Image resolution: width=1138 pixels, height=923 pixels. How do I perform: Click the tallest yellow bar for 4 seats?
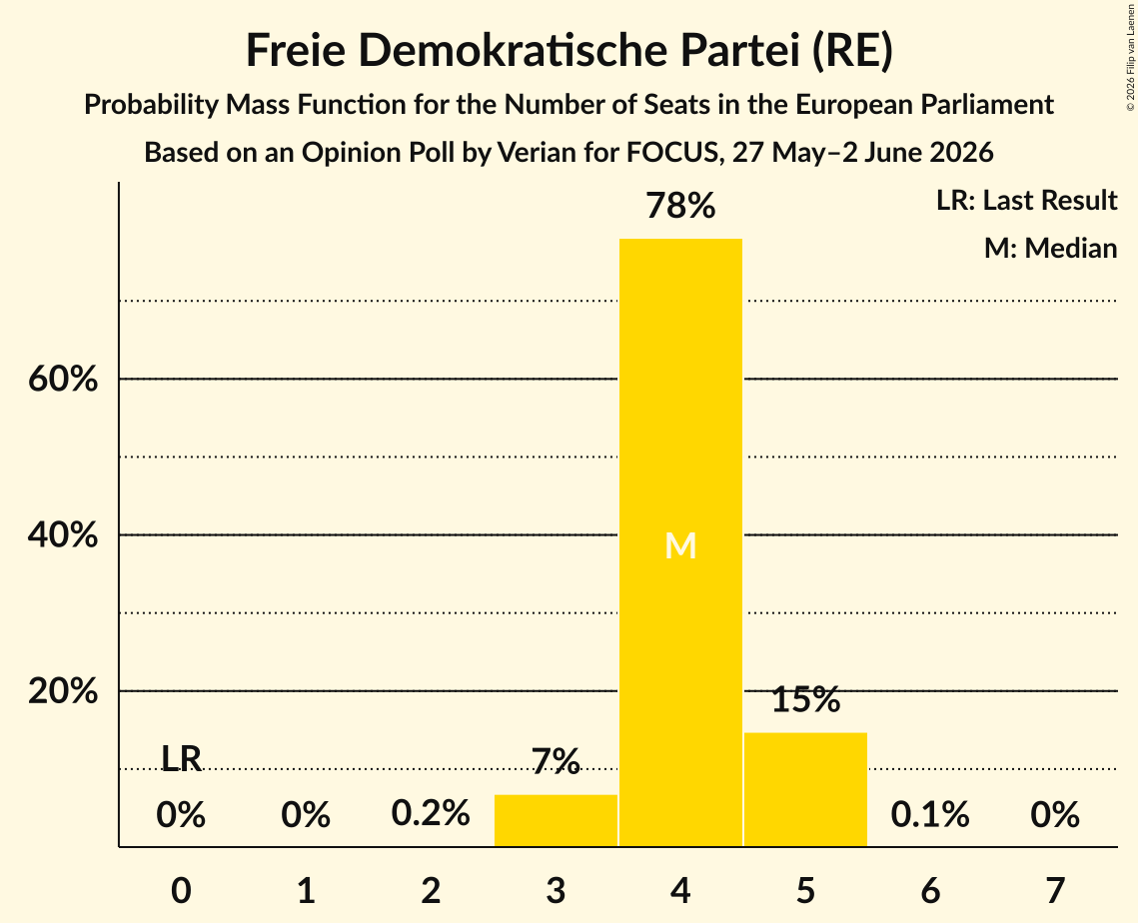680,542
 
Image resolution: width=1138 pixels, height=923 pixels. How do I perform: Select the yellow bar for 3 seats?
556,820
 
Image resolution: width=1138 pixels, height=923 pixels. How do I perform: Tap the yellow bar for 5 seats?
805,789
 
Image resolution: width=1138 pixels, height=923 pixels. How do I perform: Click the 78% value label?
680,206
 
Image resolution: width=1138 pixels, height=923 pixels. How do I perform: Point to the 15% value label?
805,699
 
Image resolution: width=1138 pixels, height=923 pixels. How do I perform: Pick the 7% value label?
556,761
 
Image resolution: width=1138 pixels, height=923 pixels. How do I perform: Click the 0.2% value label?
431,813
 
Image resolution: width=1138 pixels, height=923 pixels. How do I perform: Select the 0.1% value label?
930,814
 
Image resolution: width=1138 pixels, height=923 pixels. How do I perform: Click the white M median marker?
680,545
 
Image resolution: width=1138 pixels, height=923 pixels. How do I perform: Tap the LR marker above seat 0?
181,759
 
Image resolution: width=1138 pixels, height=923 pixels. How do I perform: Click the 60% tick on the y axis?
63,379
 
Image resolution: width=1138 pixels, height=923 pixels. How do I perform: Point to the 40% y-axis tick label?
63,534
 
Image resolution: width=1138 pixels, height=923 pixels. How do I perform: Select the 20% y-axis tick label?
63,691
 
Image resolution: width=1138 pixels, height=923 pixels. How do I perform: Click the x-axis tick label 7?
1055,890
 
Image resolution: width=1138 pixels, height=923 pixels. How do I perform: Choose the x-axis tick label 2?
431,890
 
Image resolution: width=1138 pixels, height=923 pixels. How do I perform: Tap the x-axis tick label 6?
930,890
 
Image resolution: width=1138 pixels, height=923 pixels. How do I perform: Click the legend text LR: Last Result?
1026,200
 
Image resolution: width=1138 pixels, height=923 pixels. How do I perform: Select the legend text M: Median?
1050,248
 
